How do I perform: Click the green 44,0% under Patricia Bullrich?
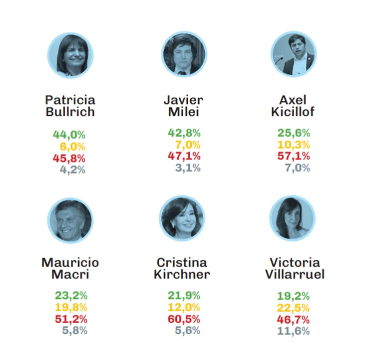tap(69, 134)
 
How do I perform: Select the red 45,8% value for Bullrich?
tap(69, 158)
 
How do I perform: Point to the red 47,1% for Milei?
tap(184, 156)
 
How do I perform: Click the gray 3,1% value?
tap(188, 168)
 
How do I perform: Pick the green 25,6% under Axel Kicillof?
tap(294, 133)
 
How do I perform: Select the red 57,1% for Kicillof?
tap(294, 156)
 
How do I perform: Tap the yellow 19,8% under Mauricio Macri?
tap(71, 307)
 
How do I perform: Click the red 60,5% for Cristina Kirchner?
tap(184, 318)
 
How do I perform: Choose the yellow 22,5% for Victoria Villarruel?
tap(293, 307)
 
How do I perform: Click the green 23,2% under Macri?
tap(71, 295)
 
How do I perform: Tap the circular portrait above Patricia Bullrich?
tap(70, 55)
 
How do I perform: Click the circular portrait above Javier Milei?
tap(184, 54)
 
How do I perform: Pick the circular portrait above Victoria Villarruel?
tap(292, 218)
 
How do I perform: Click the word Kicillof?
tap(293, 112)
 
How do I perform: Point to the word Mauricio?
tap(70, 262)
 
